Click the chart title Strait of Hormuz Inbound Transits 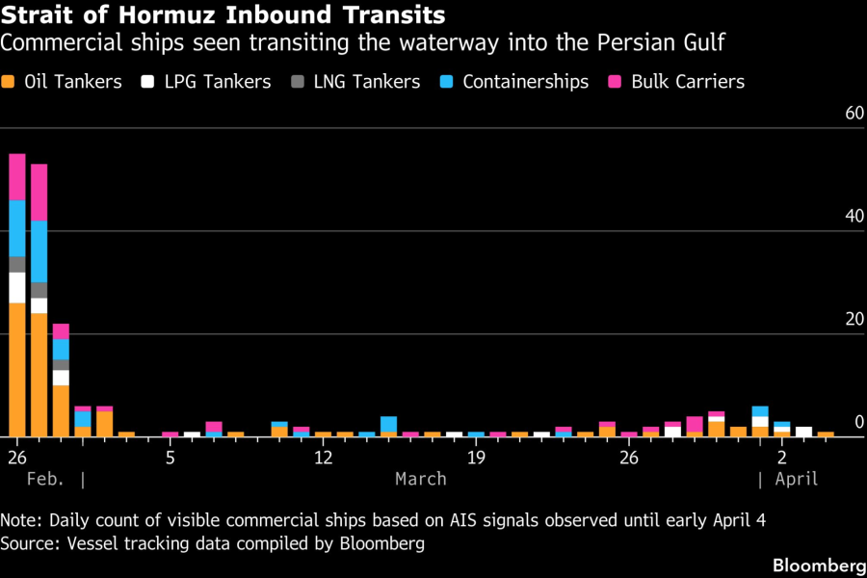pyautogui.click(x=223, y=15)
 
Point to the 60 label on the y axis pyautogui.click(x=854, y=114)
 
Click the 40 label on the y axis pyautogui.click(x=854, y=217)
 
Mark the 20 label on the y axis pyautogui.click(x=854, y=320)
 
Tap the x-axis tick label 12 pyautogui.click(x=323, y=456)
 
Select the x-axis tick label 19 pyautogui.click(x=476, y=456)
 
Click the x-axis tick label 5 pyautogui.click(x=170, y=456)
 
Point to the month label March pyautogui.click(x=421, y=479)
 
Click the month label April pyautogui.click(x=796, y=479)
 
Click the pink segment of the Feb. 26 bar pyautogui.click(x=17, y=176)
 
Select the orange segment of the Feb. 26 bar pyautogui.click(x=17, y=370)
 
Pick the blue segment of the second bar pyautogui.click(x=39, y=251)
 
